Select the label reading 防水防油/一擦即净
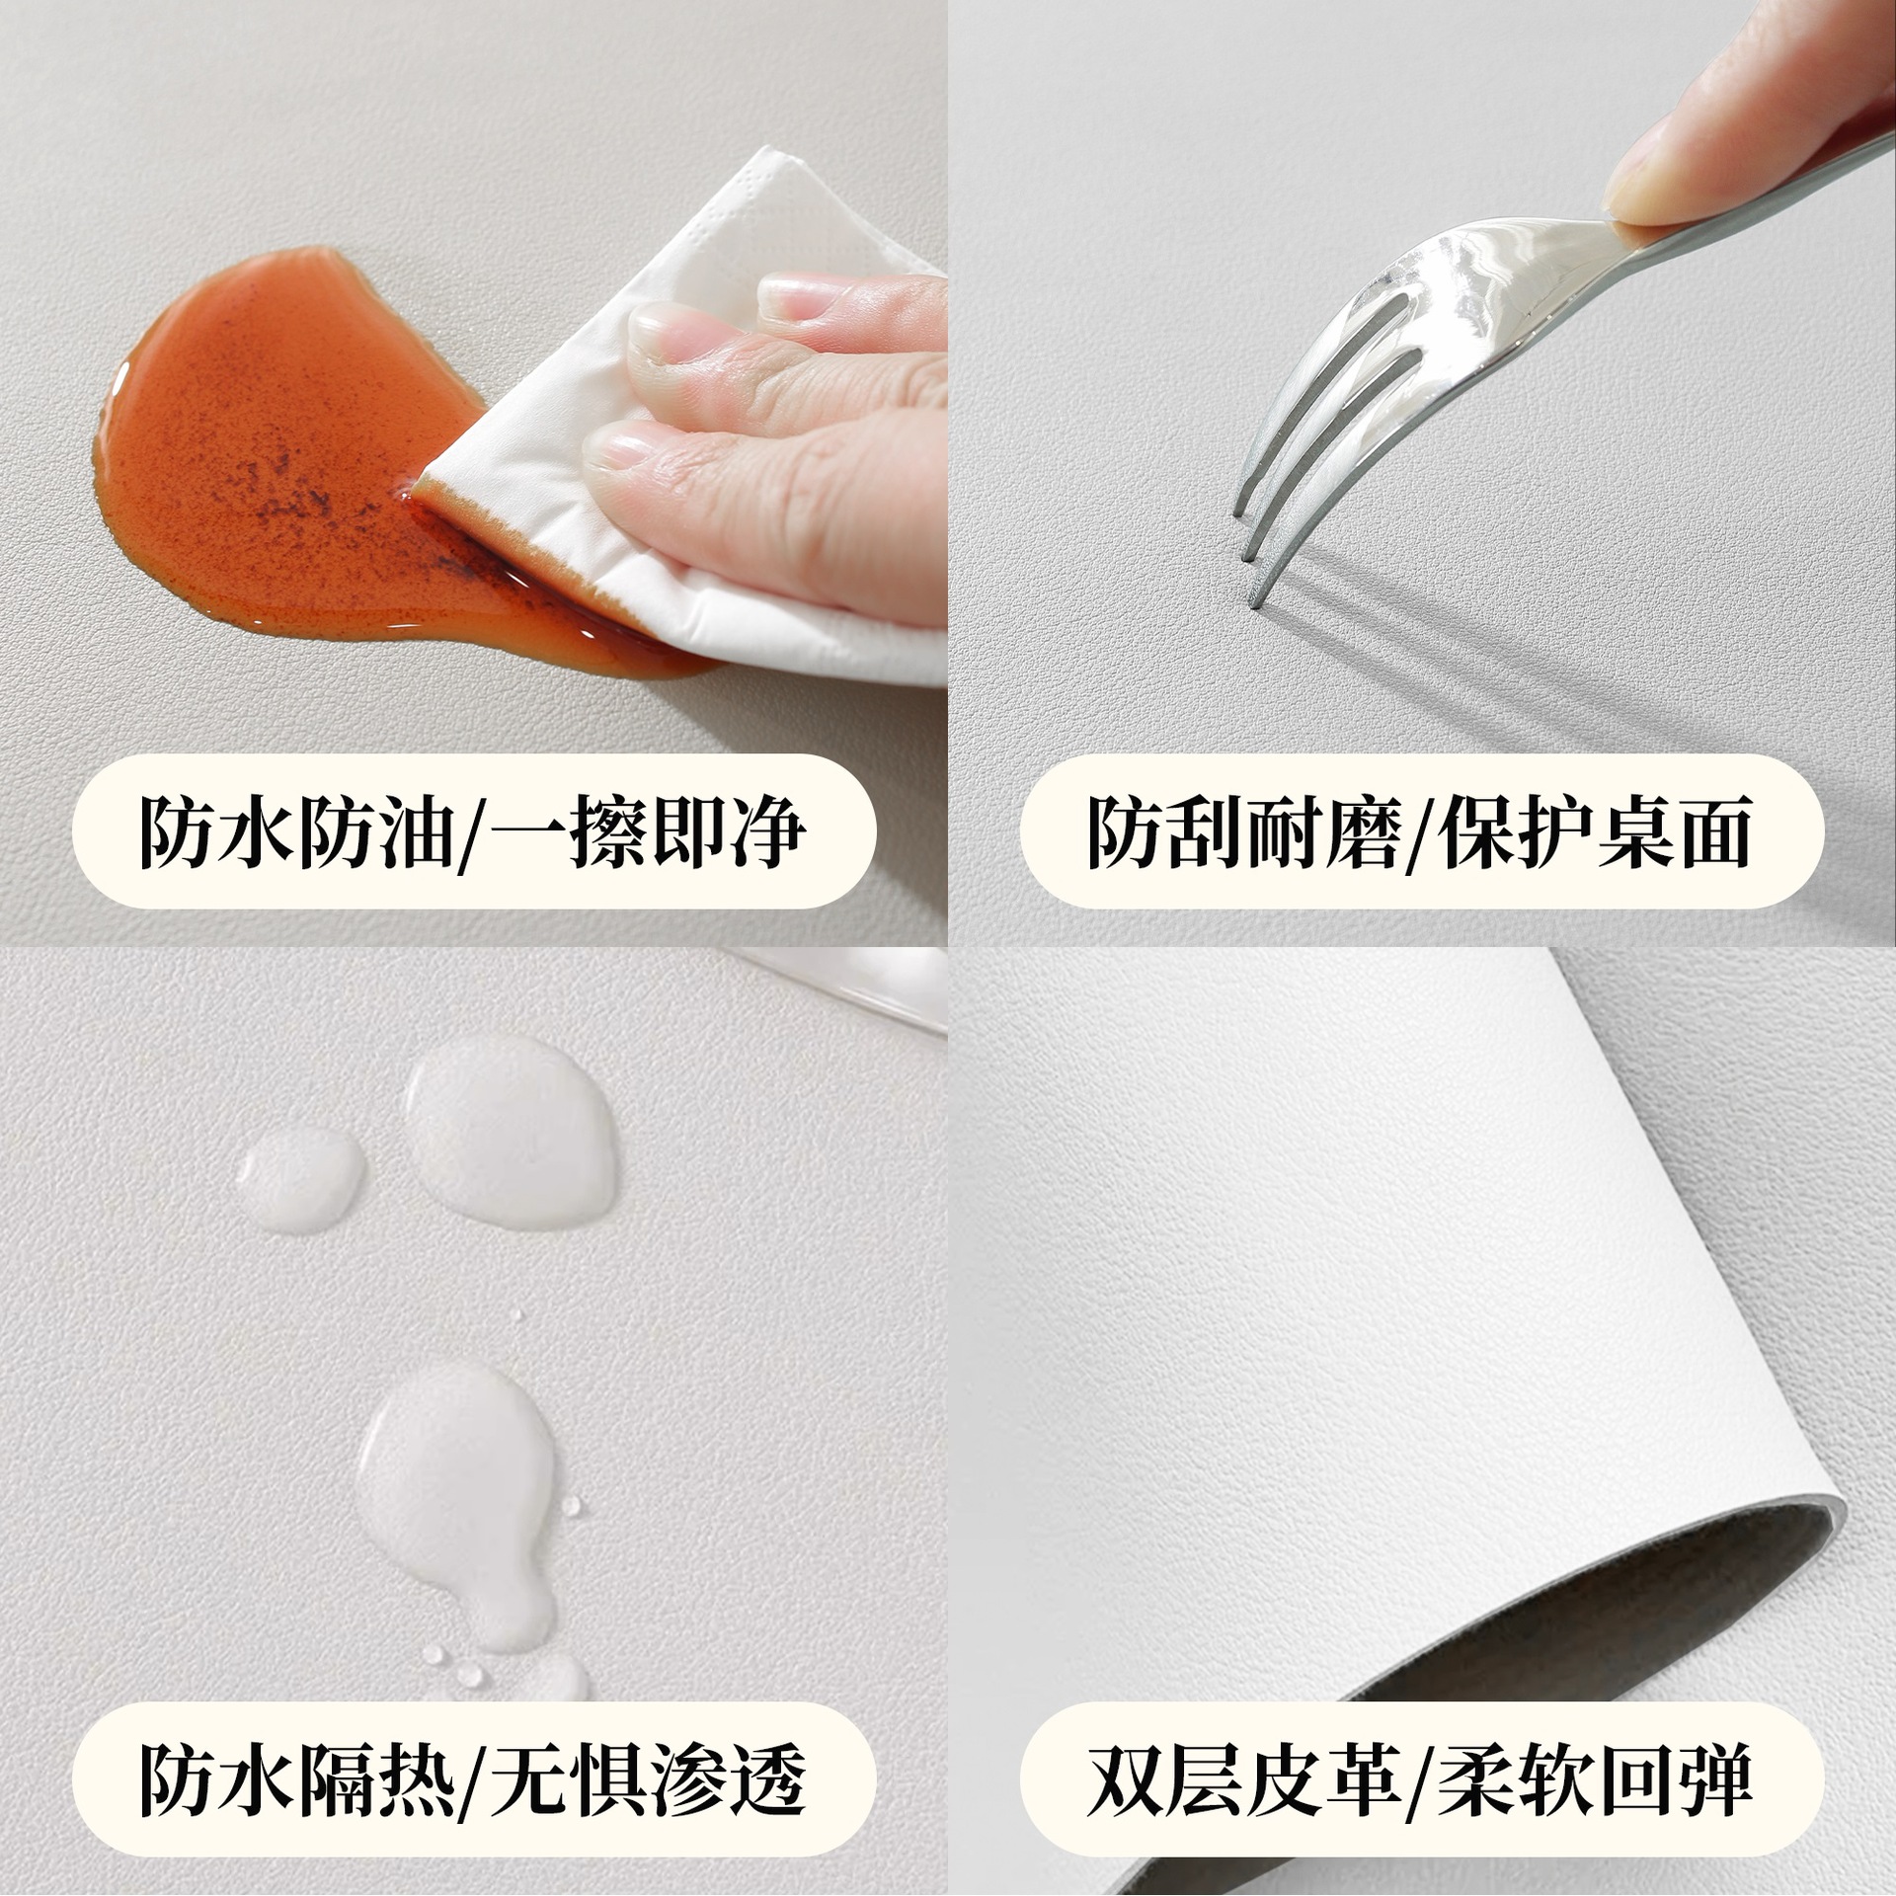[x=474, y=830]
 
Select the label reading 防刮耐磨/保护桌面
[x=1421, y=830]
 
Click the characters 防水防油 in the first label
[x=297, y=831]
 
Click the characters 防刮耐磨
[x=1244, y=831]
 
